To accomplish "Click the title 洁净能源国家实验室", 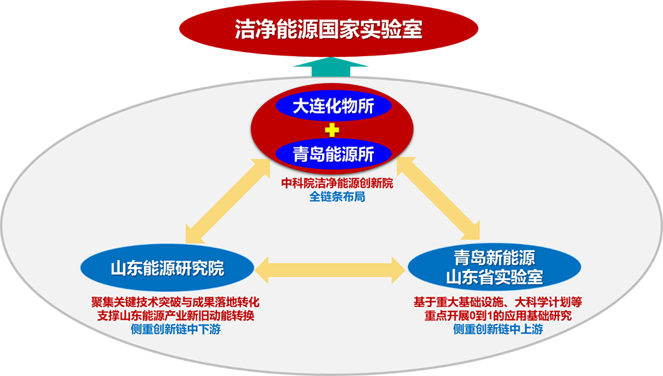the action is coord(329,29).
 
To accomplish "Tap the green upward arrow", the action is coord(331,67).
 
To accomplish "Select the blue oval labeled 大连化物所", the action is coord(333,106).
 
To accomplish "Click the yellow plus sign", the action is coord(332,130).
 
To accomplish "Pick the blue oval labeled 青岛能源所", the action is coord(333,154).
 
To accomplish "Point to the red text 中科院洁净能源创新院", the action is coord(338,183).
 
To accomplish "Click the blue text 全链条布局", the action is coord(338,196).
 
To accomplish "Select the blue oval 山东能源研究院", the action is coord(167,268).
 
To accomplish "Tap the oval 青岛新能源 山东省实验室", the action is coord(495,267).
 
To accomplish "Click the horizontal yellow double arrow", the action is coord(331,270).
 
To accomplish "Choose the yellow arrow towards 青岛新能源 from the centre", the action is coord(438,198).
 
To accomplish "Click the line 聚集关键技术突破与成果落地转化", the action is coord(175,302).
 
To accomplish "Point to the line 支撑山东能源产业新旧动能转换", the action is coord(175,316).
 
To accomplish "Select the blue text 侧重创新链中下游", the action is coord(175,329).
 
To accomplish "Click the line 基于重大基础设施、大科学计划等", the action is coord(498,302).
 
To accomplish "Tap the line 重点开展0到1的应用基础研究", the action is coord(498,316).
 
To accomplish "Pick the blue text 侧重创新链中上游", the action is coord(498,329).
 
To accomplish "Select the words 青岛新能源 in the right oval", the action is coord(495,257).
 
